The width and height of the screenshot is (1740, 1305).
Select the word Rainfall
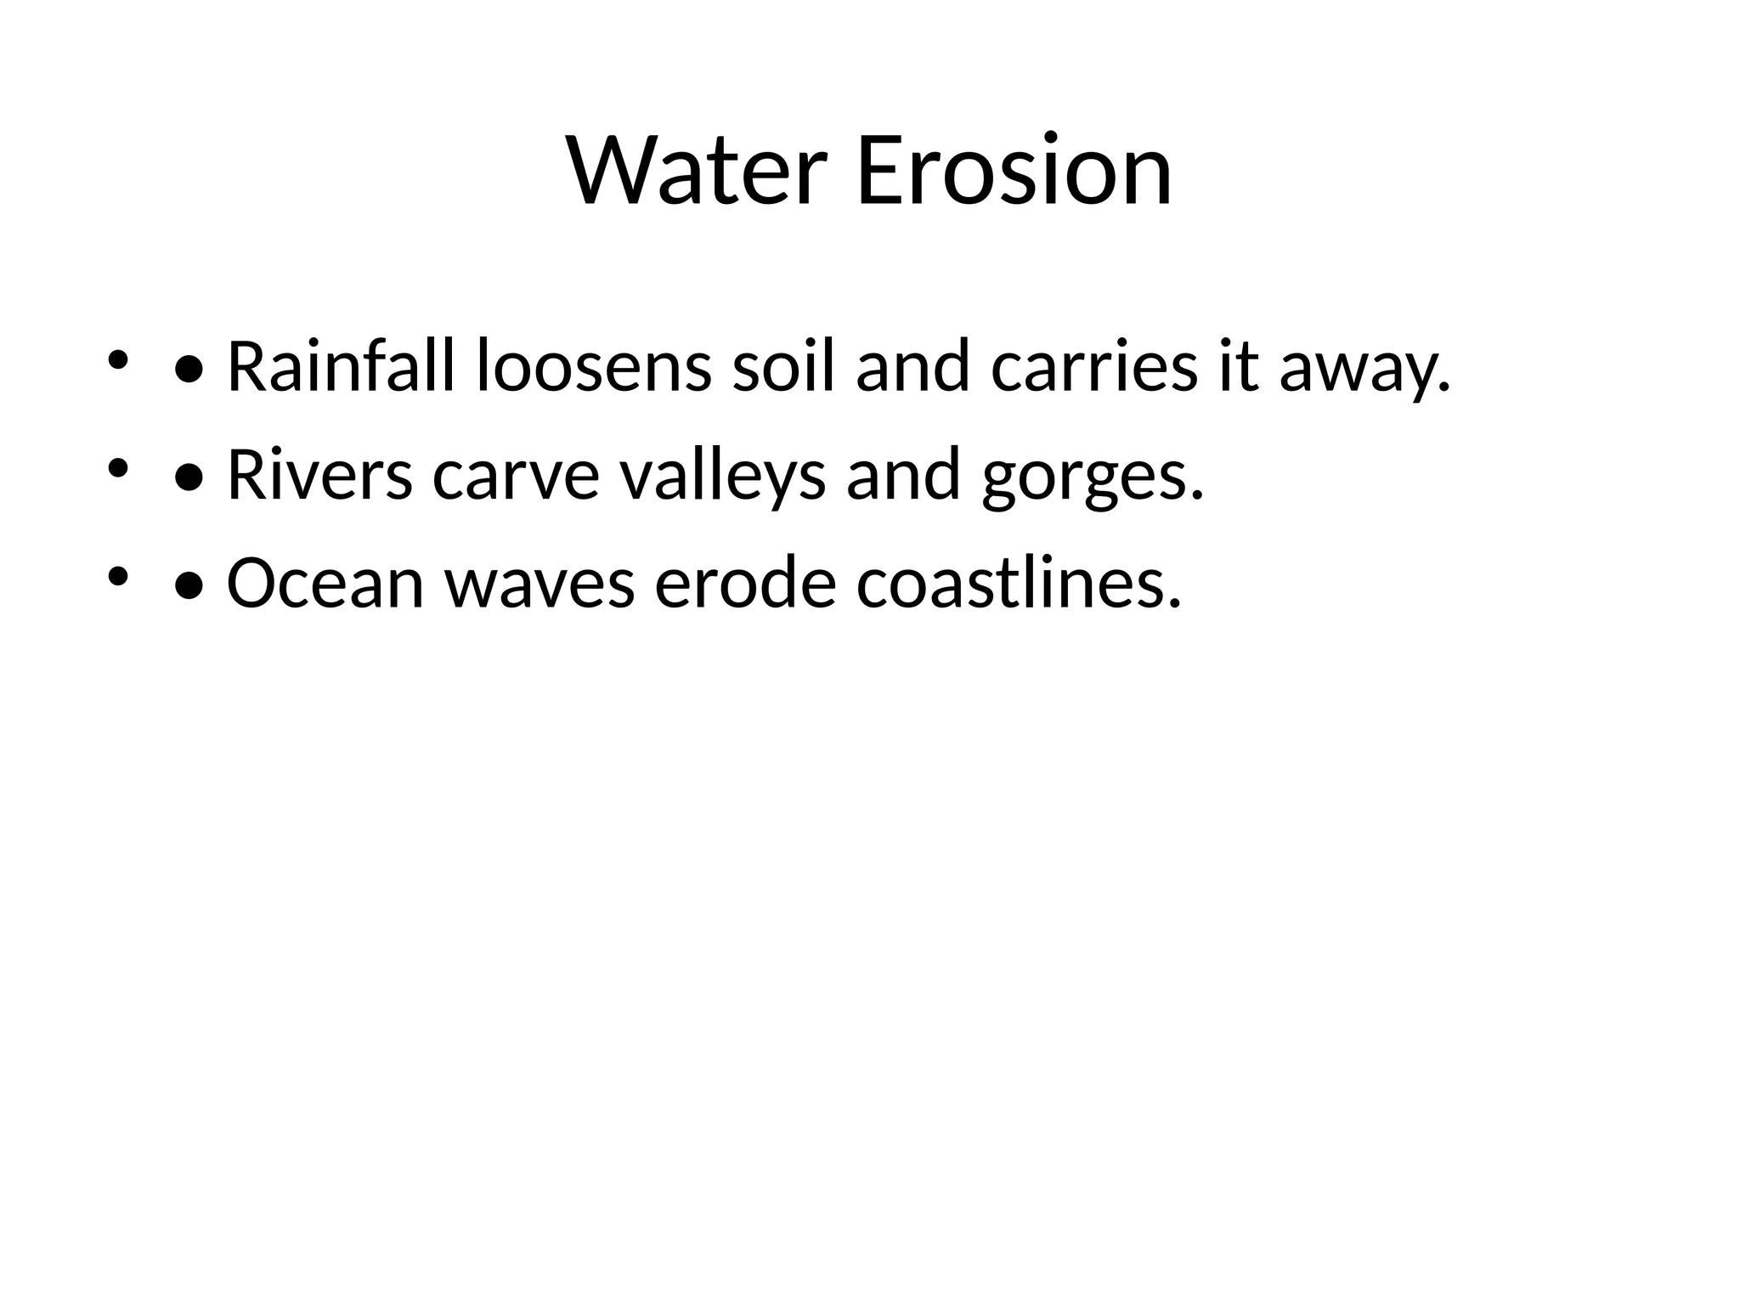click(x=341, y=367)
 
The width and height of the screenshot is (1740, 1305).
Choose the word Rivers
click(x=319, y=476)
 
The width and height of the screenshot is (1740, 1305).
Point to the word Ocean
click(x=325, y=585)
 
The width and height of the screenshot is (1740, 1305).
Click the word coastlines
click(x=1018, y=585)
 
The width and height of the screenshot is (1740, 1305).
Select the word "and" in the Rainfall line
click(x=912, y=367)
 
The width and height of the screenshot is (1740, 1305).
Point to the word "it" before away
click(x=1237, y=367)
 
